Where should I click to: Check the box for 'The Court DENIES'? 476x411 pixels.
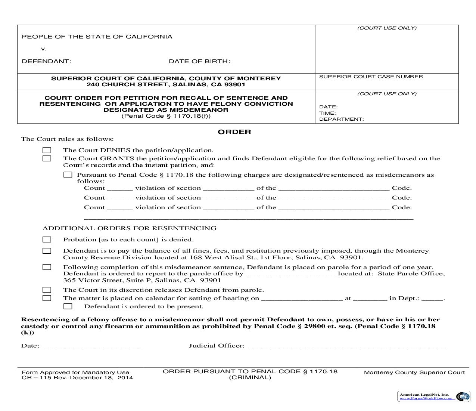tap(47, 150)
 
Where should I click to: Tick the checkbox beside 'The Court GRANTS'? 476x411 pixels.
tap(47, 158)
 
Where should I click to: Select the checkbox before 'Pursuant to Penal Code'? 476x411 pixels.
tap(68, 175)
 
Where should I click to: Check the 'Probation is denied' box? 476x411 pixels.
tap(47, 240)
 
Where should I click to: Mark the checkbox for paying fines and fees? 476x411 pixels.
tap(47, 251)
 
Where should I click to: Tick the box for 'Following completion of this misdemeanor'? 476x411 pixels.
tap(47, 267)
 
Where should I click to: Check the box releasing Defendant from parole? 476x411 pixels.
tap(47, 290)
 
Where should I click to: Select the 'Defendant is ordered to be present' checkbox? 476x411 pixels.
tap(68, 306)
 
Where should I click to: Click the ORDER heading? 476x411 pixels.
tap(234, 132)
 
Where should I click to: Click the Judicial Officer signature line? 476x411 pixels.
tap(347, 346)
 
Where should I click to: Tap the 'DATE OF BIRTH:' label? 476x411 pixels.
tap(200, 61)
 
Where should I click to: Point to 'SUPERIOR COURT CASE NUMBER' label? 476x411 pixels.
tap(371, 77)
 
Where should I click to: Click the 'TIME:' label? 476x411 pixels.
tap(327, 113)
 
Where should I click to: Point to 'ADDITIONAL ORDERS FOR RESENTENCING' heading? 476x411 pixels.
tap(129, 228)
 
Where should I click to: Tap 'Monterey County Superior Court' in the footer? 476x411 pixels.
tap(414, 373)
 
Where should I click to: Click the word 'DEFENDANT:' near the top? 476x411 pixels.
tap(47, 61)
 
